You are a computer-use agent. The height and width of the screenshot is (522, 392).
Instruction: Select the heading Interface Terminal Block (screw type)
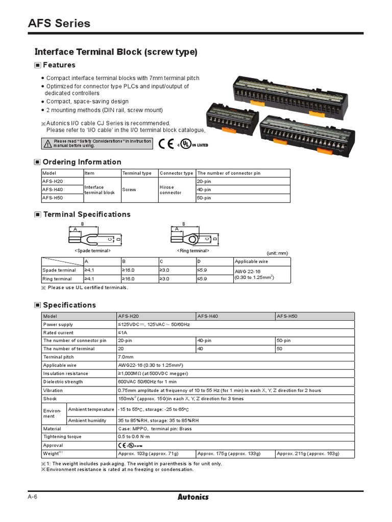pos(115,52)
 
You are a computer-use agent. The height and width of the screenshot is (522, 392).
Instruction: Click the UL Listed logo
pos(192,144)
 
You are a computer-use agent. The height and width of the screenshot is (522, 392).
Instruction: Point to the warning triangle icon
pos(47,143)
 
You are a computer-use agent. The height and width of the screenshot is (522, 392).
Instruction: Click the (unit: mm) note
pos(277,253)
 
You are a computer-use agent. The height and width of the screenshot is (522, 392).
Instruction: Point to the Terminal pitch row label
pos(59,357)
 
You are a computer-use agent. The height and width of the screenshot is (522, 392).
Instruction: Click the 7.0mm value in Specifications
pos(126,357)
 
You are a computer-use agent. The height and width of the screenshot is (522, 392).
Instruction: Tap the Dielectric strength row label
pos(63,382)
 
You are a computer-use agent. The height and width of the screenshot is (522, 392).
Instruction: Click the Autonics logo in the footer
pos(193,497)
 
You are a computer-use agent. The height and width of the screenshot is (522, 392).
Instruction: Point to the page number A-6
pos(33,497)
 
